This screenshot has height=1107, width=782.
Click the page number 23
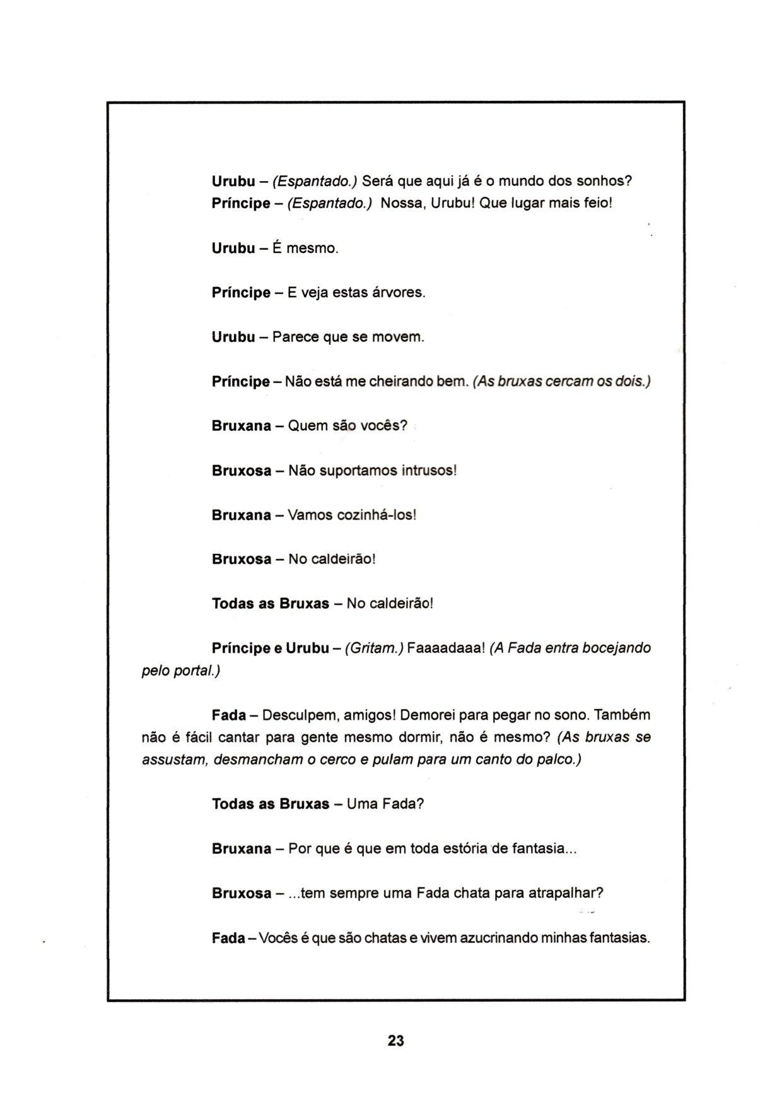395,1041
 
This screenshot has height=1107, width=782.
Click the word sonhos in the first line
607,182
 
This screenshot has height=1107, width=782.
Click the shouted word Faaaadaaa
445,648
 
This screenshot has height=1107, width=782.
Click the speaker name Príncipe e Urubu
271,648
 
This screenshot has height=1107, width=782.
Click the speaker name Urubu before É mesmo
233,249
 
